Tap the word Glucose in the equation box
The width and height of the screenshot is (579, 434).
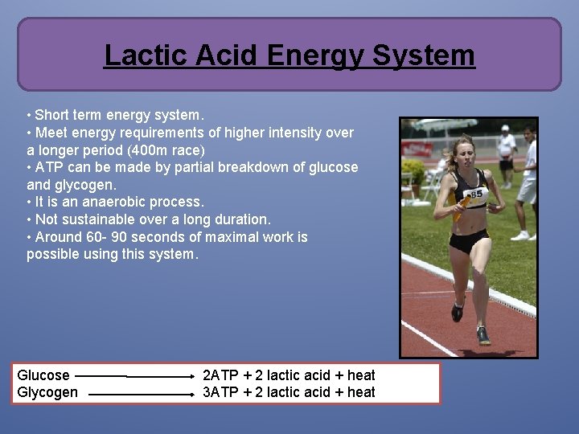43,375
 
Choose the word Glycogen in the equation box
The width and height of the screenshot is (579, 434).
47,392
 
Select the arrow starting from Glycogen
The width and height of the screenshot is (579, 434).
141,394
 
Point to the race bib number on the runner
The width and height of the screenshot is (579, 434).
476,193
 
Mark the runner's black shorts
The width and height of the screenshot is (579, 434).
470,240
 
